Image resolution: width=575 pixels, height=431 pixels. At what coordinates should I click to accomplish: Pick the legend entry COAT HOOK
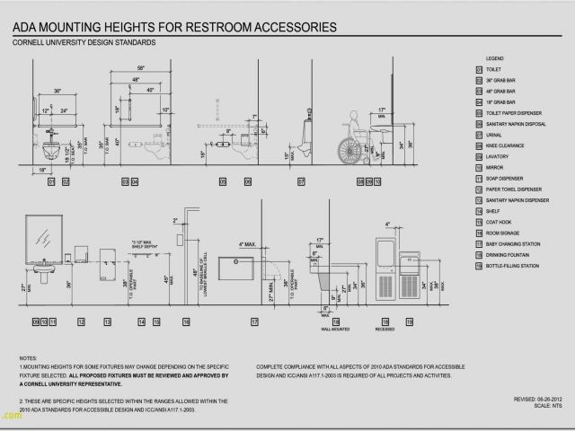tap(498, 222)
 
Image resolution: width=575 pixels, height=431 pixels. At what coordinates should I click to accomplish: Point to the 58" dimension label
tap(141, 68)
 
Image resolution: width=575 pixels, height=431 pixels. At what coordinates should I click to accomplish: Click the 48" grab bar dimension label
tap(137, 79)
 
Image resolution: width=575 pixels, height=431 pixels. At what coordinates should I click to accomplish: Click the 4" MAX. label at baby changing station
tap(248, 244)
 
